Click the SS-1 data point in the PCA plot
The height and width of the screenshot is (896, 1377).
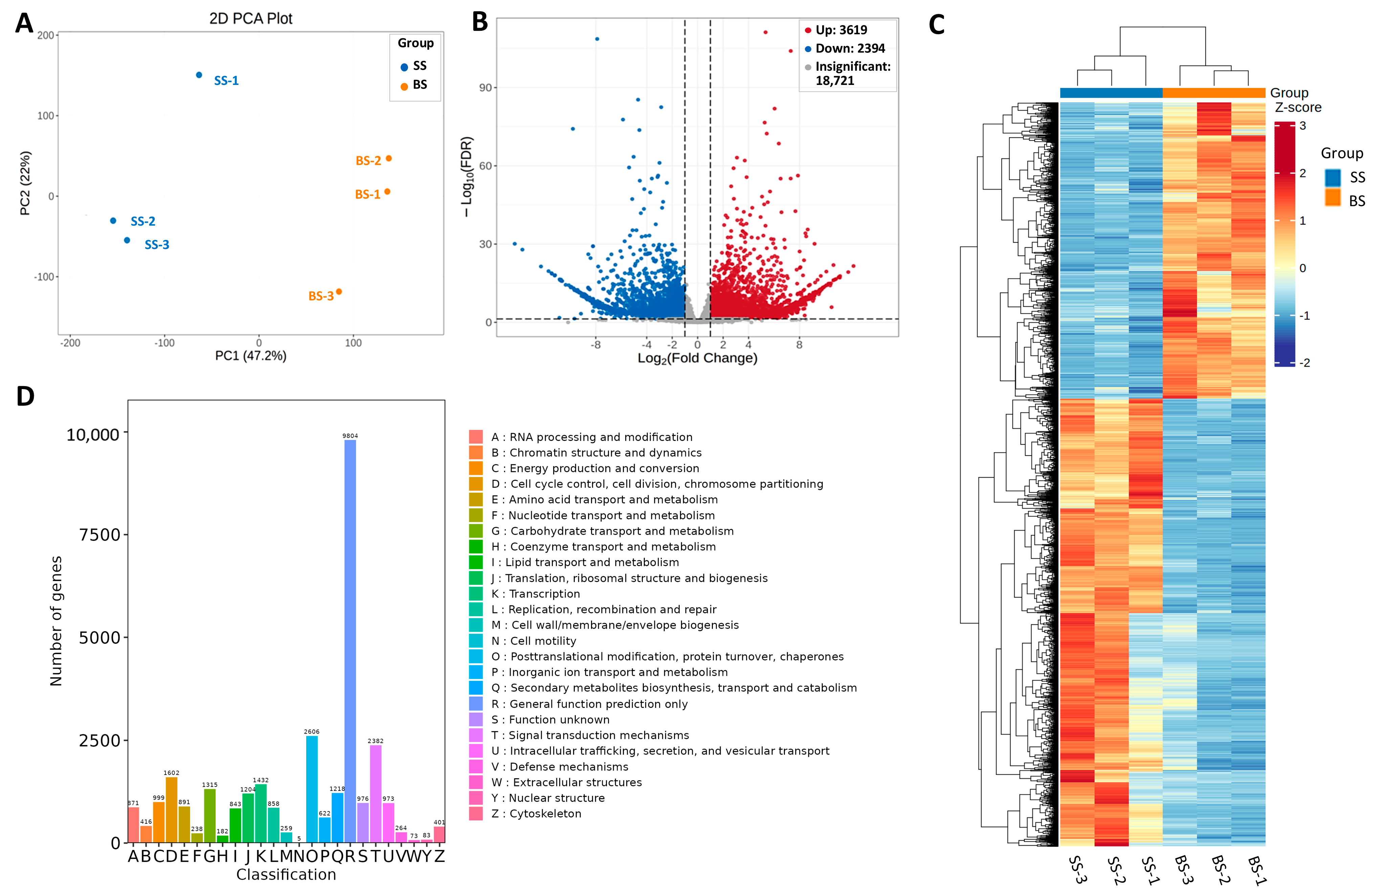click(199, 75)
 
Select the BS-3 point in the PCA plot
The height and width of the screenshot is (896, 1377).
click(339, 292)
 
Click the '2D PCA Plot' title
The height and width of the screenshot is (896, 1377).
click(250, 19)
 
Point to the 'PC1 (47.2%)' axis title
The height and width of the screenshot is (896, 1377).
click(250, 355)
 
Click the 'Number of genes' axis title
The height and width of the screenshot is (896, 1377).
click(56, 621)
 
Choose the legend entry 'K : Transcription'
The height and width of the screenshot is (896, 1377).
click(535, 594)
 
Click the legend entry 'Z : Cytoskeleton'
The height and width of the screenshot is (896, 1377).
click(536, 814)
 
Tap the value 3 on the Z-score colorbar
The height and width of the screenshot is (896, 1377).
click(1302, 126)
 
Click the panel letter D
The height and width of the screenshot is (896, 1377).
click(25, 397)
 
